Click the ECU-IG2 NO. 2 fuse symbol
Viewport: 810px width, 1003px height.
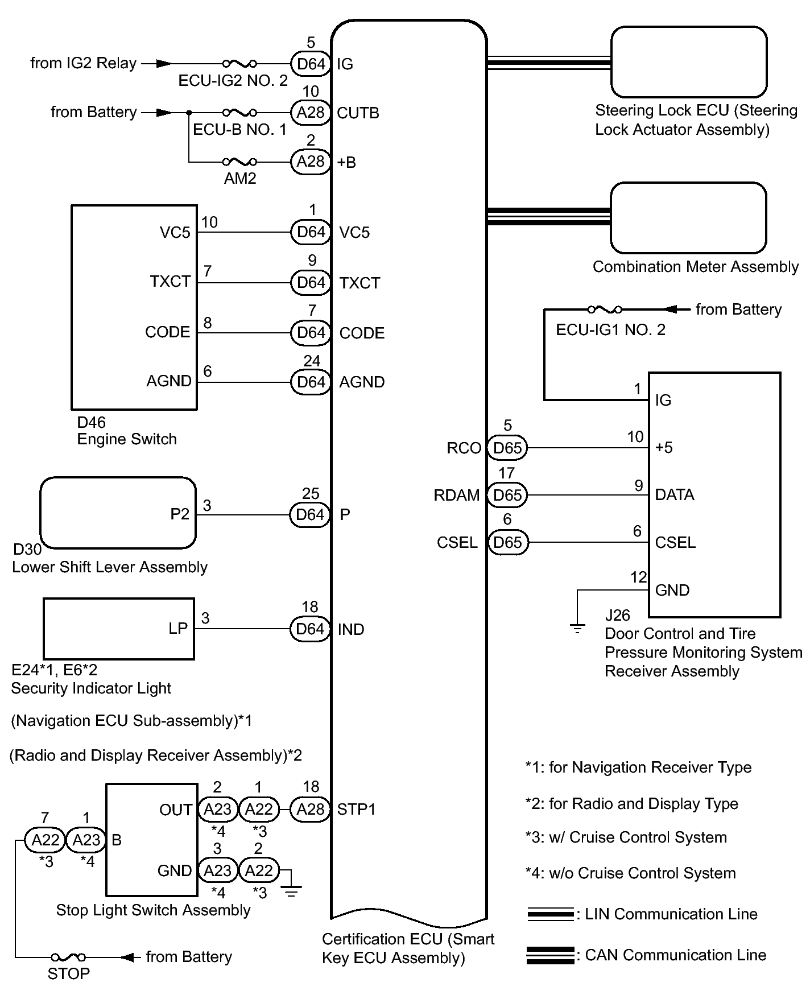[x=239, y=64]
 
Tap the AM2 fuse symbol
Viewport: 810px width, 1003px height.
[x=239, y=162]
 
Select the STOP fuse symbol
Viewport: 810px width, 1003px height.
[x=68, y=957]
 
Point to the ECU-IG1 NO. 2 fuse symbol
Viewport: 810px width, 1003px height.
[x=605, y=309]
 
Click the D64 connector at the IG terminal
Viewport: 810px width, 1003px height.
[x=311, y=64]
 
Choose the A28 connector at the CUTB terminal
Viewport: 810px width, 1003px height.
[x=311, y=113]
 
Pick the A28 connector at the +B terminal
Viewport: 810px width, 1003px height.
[x=311, y=162]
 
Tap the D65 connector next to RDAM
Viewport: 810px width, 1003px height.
[x=507, y=495]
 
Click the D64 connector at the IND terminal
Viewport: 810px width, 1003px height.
[x=310, y=629]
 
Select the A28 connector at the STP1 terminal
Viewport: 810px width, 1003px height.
[x=311, y=809]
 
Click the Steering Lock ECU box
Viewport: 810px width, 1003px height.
[x=689, y=62]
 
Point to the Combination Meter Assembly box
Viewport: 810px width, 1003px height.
[x=688, y=218]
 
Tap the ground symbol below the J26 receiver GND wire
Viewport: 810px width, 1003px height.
[x=577, y=629]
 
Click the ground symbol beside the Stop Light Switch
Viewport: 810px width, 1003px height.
[x=291, y=891]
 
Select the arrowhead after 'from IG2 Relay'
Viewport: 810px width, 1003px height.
[x=163, y=64]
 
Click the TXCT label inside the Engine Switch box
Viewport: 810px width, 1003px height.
[x=170, y=282]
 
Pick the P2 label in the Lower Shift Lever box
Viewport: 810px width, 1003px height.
[x=180, y=514]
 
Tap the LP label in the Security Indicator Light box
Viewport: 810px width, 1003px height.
[x=178, y=628]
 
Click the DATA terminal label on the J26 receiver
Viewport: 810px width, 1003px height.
[x=675, y=495]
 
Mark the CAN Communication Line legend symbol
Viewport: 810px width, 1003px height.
[x=550, y=955]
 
